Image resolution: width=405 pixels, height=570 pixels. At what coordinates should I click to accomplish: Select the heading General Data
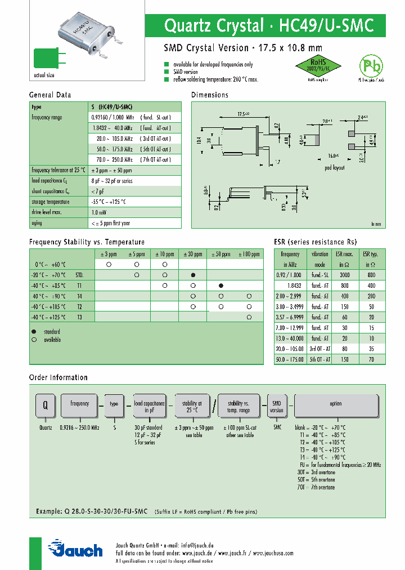click(x=50, y=95)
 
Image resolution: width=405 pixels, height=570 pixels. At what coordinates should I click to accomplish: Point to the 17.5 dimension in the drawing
click(x=242, y=114)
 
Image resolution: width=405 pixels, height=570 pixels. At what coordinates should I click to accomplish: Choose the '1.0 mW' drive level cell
click(x=99, y=212)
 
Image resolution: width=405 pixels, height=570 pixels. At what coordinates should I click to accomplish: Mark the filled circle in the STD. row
click(x=193, y=275)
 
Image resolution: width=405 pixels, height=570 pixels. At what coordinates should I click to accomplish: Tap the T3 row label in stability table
click(x=79, y=318)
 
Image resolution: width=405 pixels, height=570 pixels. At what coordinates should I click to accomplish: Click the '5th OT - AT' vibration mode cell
click(x=320, y=359)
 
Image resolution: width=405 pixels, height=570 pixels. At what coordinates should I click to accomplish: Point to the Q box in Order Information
click(x=45, y=404)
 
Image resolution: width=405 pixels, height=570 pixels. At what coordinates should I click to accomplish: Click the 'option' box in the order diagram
click(x=335, y=404)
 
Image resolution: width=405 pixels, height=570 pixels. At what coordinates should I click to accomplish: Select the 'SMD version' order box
click(x=277, y=407)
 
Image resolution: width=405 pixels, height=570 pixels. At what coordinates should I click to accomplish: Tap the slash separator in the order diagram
click(x=213, y=406)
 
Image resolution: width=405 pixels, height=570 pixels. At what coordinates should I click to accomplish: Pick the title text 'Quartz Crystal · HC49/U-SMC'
click(x=268, y=26)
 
